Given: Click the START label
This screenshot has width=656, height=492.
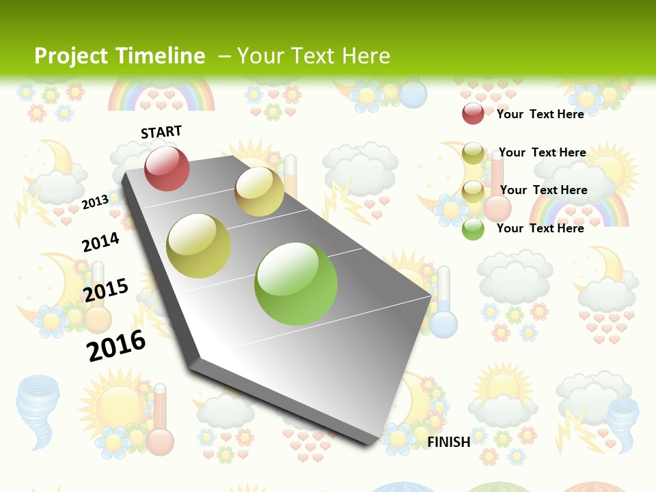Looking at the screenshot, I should point(161,132).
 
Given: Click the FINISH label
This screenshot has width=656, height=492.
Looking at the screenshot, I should point(449,442).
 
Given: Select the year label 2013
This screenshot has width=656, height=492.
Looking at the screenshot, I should point(95,202).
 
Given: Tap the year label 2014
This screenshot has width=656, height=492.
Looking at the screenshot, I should point(100,242).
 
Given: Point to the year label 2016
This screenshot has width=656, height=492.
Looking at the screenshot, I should point(116,345).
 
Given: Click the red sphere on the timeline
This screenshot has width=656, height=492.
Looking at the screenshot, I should point(167,168).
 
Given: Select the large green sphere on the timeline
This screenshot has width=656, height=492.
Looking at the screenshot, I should point(296,283).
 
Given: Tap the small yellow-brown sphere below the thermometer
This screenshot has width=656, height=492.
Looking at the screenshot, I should point(259,191).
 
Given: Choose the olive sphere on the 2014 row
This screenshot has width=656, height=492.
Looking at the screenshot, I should point(198,246).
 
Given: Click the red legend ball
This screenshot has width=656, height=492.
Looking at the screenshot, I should point(473,113).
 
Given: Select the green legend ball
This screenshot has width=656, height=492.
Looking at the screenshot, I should point(473,229).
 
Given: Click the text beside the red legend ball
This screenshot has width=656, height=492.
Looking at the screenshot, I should point(540,114).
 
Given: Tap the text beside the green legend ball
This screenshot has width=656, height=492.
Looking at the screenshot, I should point(540,228).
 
